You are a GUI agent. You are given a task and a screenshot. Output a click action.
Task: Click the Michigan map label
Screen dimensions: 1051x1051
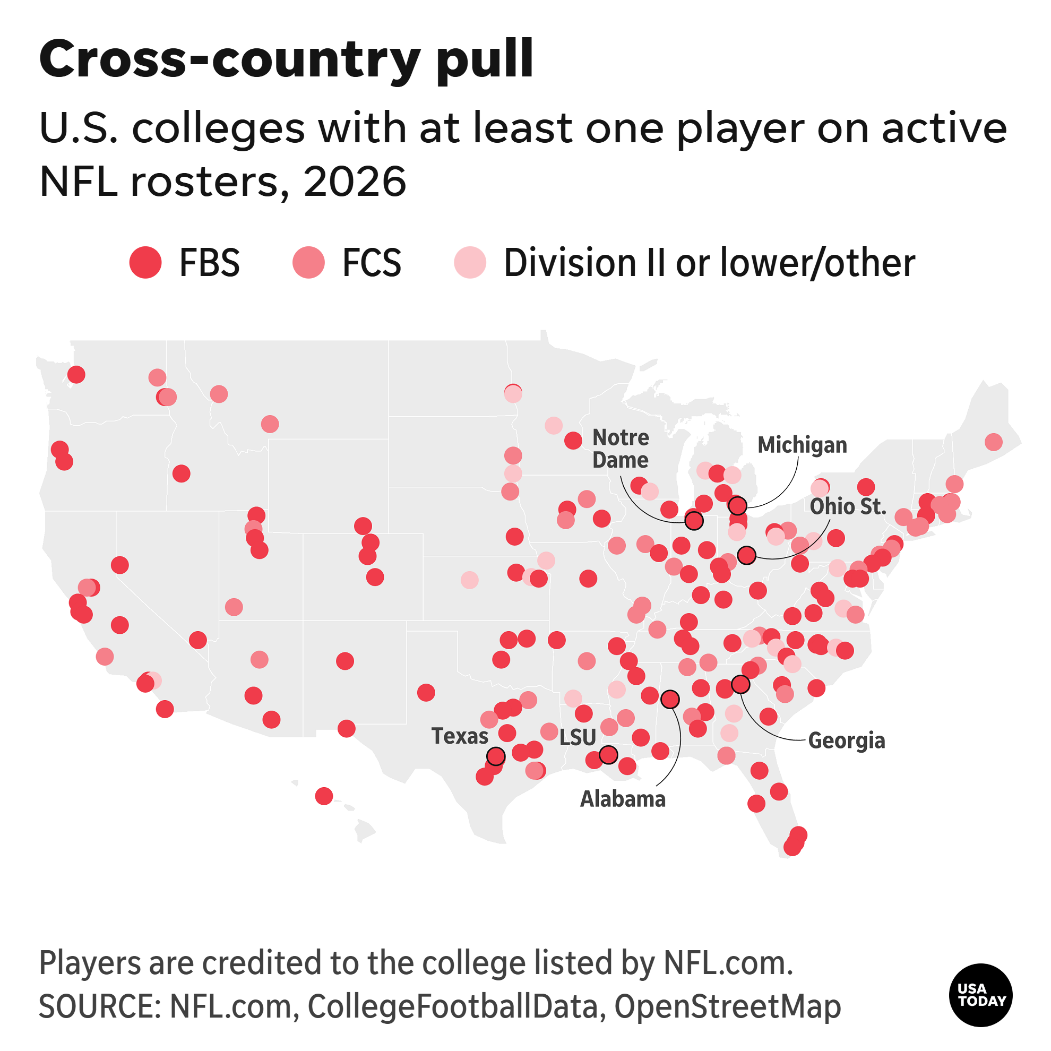click(803, 445)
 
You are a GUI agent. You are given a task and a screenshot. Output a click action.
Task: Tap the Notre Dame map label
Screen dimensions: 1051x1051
click(621, 449)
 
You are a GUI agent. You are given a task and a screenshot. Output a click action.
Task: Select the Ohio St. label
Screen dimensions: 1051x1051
click(848, 506)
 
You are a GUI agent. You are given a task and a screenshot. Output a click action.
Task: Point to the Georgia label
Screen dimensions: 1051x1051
click(847, 741)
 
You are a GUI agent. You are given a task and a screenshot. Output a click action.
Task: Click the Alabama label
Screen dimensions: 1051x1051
click(623, 799)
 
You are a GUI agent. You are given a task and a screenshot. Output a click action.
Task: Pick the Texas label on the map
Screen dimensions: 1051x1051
click(460, 736)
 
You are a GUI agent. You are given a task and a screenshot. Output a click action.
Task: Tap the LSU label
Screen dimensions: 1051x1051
click(578, 738)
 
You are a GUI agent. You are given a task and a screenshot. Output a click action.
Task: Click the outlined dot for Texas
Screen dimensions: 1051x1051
click(496, 756)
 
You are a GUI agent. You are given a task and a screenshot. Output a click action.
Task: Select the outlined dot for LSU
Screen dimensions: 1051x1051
click(608, 754)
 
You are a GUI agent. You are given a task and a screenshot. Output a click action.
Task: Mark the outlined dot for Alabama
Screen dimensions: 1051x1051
click(670, 699)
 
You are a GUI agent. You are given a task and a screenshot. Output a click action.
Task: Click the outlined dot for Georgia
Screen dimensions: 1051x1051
click(740, 684)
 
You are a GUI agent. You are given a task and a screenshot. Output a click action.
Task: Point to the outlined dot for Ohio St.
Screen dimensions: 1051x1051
click(747, 555)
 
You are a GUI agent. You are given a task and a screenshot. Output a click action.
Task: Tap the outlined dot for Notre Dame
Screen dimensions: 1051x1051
click(694, 521)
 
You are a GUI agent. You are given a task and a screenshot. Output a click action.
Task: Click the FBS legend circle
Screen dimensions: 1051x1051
click(145, 263)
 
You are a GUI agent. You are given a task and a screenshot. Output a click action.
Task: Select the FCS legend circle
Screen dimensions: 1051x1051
click(308, 263)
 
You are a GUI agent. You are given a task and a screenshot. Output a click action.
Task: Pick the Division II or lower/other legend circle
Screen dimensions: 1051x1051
click(470, 263)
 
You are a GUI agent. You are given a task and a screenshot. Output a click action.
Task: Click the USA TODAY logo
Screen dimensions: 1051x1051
click(981, 995)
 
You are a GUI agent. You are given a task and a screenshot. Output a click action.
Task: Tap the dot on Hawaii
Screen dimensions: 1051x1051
click(324, 796)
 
